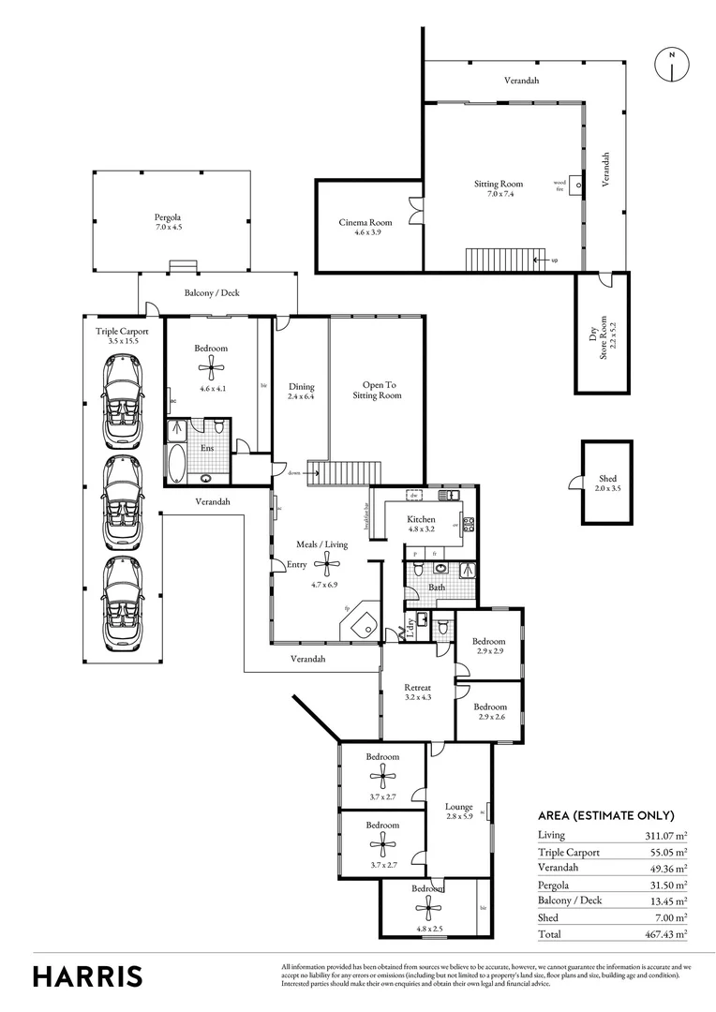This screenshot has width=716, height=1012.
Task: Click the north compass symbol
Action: tap(672, 64)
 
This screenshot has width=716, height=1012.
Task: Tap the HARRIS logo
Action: tap(88, 975)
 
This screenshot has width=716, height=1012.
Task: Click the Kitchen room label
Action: tap(421, 519)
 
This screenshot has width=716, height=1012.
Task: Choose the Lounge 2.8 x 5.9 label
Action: tap(458, 811)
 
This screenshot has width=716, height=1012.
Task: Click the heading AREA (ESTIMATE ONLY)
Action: tap(605, 815)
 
